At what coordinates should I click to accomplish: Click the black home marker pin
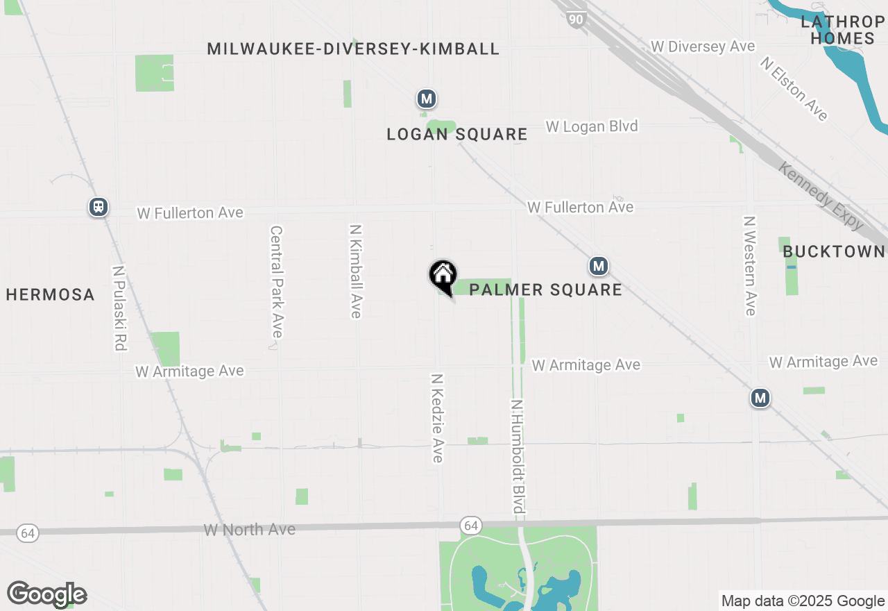click(443, 276)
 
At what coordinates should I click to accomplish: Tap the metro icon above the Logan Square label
click(427, 99)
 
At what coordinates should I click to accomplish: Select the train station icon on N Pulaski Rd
click(99, 207)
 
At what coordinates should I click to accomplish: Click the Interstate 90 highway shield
click(576, 19)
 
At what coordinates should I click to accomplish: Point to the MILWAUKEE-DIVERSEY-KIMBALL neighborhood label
click(353, 49)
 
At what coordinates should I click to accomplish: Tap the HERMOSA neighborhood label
click(50, 294)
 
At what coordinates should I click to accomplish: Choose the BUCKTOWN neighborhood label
click(834, 251)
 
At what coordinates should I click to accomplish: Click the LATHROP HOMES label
click(843, 30)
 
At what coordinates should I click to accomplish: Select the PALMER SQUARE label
click(545, 290)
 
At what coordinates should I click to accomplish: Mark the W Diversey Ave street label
click(703, 47)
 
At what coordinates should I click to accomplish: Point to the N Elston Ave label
click(794, 89)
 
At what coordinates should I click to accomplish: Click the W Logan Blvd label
click(592, 126)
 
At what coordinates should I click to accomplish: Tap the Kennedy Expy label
click(821, 196)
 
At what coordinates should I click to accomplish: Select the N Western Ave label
click(749, 266)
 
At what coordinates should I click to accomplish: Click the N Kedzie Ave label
click(437, 418)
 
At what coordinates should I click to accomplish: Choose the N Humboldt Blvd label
click(517, 456)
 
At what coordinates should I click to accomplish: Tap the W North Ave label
click(250, 530)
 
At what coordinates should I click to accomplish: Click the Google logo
click(46, 594)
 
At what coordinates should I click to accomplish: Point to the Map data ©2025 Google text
click(803, 601)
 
